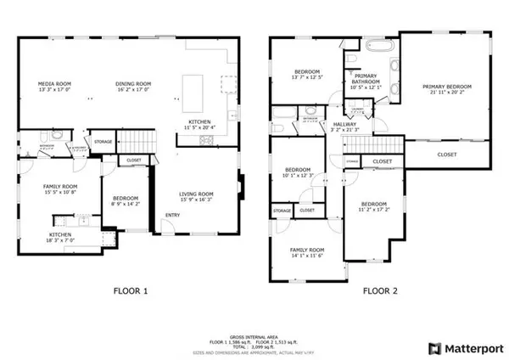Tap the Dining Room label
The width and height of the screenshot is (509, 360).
pos(132,85)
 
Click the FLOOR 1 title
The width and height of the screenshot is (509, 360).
pos(131,290)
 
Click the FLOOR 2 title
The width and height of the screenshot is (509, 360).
pos(381,290)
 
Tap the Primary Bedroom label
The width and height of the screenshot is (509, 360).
pos(447,89)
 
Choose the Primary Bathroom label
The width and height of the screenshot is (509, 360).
pos(366,81)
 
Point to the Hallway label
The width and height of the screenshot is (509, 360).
pos(344,127)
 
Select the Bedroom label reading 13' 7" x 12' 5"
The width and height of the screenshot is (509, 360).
pos(307,75)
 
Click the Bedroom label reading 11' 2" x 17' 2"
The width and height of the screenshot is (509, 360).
pos(374,208)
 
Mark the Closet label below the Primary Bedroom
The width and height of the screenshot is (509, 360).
pos(447,155)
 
